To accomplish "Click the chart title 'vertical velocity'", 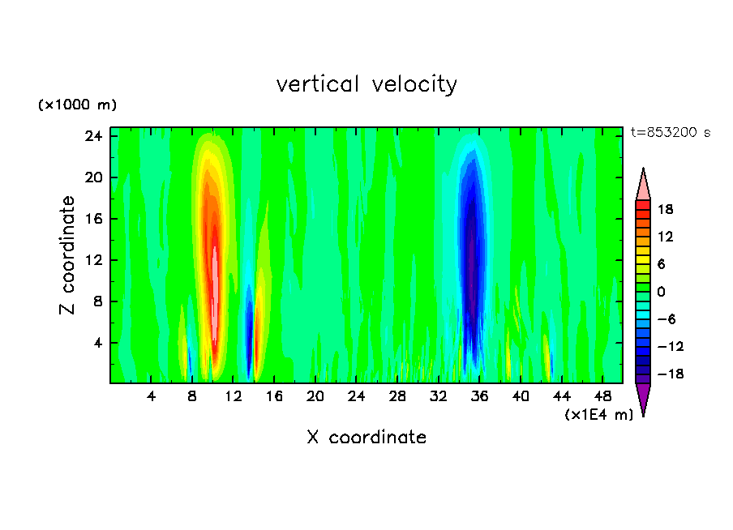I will click(366, 84).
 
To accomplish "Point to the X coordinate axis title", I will click(366, 438).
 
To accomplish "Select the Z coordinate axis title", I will click(68, 255).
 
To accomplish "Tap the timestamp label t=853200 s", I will click(670, 133).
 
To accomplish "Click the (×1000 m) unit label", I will click(77, 105).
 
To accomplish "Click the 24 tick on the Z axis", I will click(95, 136).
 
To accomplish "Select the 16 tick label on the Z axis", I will click(95, 219).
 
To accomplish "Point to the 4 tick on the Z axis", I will click(98, 343).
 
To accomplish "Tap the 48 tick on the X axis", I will click(603, 396).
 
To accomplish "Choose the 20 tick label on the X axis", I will click(315, 396).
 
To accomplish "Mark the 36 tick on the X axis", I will click(480, 396).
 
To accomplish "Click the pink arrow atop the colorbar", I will click(643, 185).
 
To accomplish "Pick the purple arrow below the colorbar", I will click(643, 399).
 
